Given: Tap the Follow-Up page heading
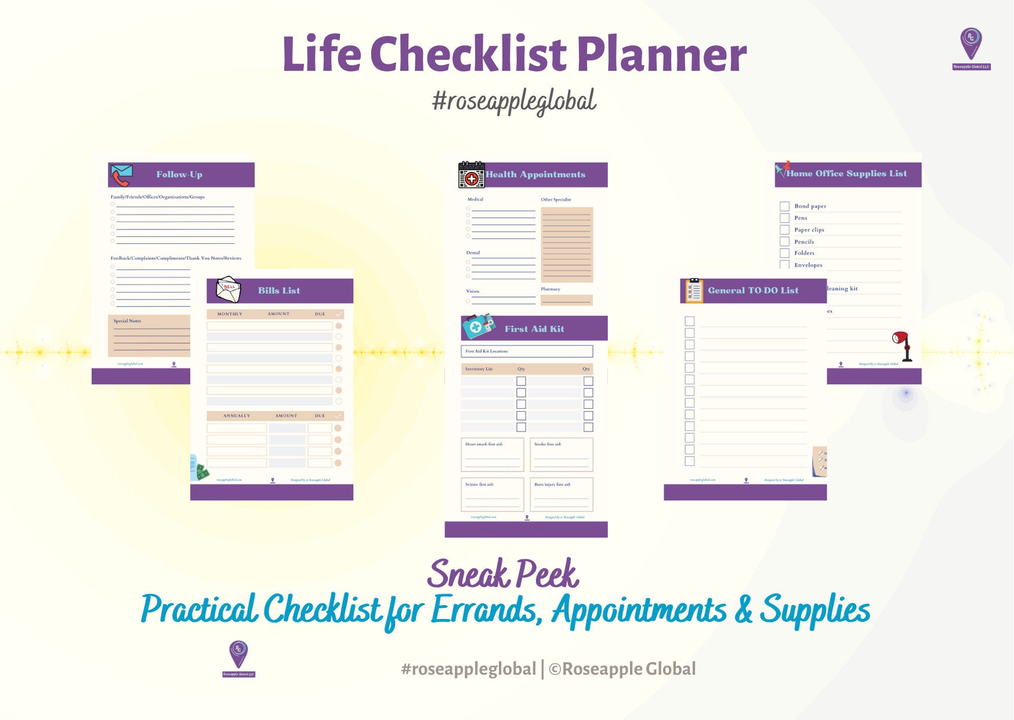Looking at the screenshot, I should coord(179,174).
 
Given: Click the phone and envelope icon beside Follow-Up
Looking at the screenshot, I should coord(122,175).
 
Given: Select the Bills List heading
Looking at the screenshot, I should coord(279,290).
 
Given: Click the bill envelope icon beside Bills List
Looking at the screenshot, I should coord(228,290).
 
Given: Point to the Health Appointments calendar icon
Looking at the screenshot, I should coord(471,175).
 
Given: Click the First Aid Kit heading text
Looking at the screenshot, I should coord(534,329).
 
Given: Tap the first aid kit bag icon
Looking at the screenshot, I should coord(477,327).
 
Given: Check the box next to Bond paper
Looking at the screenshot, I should coord(784,206).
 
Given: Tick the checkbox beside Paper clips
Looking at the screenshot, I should coord(784,230).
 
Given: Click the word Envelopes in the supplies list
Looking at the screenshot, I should coord(808,265).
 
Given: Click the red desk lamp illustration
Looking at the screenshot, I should coord(901,345).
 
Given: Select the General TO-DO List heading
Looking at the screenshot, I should coord(753,290).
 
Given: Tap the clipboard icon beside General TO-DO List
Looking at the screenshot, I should coord(694,290).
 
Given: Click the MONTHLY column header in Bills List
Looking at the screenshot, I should coord(230,314).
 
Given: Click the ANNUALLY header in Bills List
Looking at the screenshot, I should coord(237,416).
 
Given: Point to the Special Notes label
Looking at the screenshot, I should coord(127,321).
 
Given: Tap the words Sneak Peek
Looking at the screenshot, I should coord(502,574).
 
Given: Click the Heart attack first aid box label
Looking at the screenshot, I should coord(484,444).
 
